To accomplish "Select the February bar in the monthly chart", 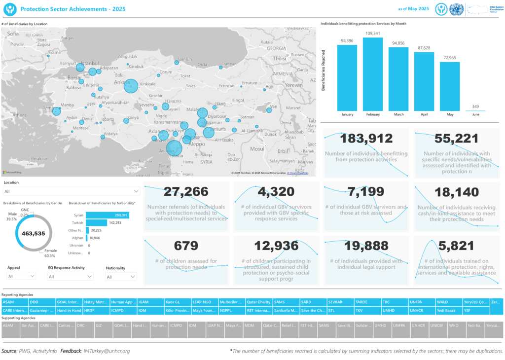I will point(373,74).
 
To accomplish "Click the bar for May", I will point(450,86).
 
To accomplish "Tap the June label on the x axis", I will point(475,114).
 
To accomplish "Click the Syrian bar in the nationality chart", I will point(107,215).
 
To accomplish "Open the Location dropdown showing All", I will point(72,191).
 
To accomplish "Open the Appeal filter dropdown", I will point(21,277).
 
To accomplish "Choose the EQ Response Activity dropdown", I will point(71,277).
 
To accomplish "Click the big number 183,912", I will point(366,139).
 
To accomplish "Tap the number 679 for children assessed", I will point(186,246).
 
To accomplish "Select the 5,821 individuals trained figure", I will point(456,246).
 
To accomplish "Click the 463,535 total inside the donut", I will point(34,234).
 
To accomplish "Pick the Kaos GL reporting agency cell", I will point(176,302).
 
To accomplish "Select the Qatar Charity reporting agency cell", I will point(258,302).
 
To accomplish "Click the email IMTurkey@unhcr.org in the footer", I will point(107,351).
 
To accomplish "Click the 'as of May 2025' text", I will point(413,9).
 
